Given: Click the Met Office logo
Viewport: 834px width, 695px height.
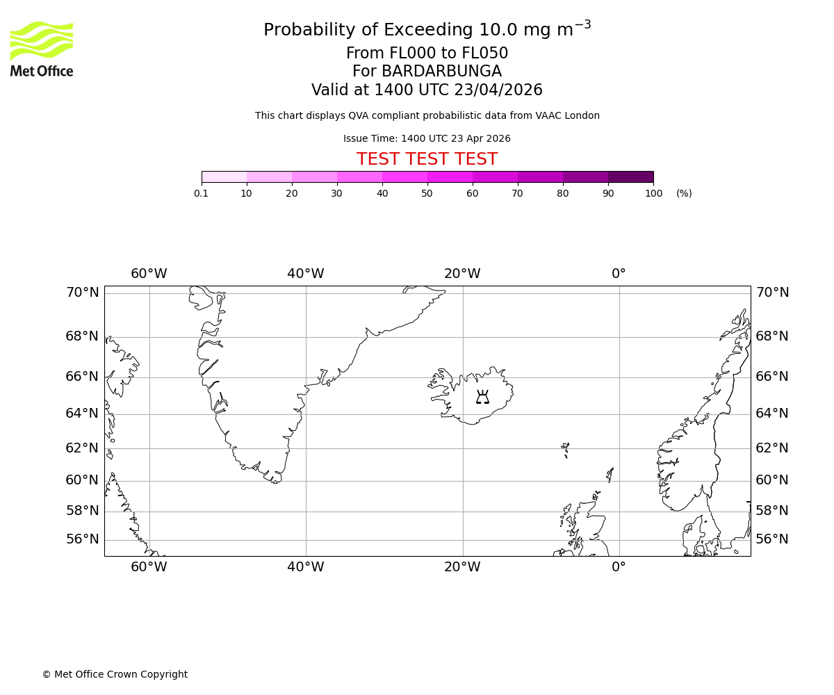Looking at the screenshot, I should [42, 49].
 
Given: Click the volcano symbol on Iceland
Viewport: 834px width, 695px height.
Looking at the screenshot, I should [482, 398].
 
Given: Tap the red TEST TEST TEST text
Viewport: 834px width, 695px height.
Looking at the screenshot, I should [427, 160].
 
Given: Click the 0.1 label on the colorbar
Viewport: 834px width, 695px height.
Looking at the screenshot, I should [202, 193].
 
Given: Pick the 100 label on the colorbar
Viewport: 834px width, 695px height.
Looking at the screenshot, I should [653, 193].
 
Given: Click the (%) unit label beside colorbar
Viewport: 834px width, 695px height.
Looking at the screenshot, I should [684, 193].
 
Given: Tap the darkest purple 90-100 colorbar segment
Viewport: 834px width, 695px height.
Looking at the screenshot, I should [630, 177].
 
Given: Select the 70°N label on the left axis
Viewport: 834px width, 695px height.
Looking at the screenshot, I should [82, 293].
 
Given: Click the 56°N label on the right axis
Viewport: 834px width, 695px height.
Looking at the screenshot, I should [772, 539].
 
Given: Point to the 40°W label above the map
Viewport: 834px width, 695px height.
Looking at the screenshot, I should [306, 274].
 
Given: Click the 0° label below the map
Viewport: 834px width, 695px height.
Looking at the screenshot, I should [619, 567].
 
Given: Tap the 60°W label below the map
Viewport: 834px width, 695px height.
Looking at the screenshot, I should [149, 567].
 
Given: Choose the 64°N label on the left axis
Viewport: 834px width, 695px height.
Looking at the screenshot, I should [82, 414].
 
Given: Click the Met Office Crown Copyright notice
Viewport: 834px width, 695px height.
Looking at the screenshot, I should [115, 674].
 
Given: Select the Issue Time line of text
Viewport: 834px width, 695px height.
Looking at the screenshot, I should [427, 138].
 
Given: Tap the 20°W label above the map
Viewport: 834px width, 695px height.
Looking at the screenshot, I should [462, 274].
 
